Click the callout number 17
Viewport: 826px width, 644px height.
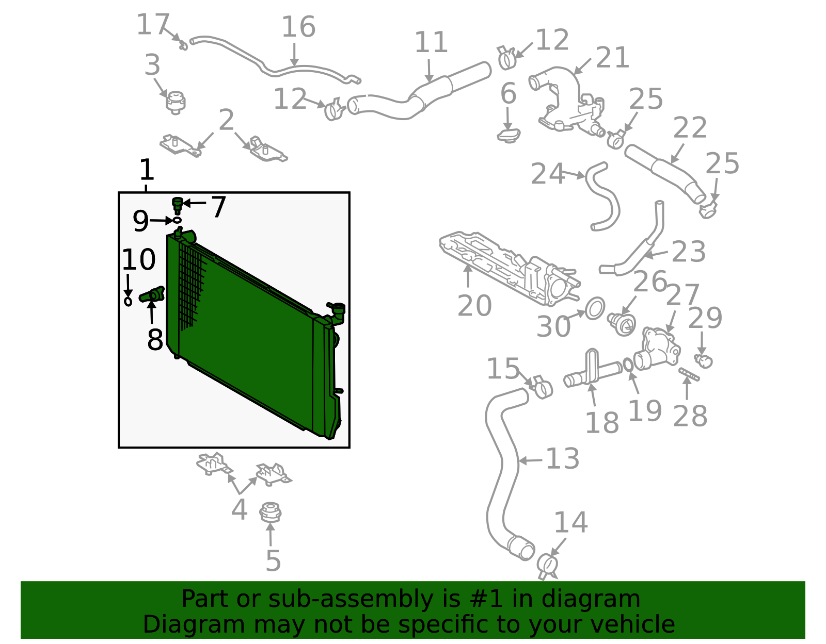pyautogui.click(x=153, y=25)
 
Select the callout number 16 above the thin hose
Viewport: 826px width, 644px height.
pyautogui.click(x=298, y=27)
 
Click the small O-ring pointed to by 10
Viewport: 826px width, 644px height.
pyautogui.click(x=128, y=301)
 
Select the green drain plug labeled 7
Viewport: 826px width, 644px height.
pyautogui.click(x=178, y=205)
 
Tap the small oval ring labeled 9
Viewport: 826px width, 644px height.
pyautogui.click(x=177, y=220)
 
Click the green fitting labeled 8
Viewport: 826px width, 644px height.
pyautogui.click(x=152, y=294)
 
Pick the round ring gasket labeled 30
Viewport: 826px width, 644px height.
pyautogui.click(x=595, y=308)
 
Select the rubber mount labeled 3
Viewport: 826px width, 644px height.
pyautogui.click(x=176, y=103)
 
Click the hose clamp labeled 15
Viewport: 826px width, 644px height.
pyautogui.click(x=541, y=387)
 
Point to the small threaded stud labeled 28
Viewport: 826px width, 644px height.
pyautogui.click(x=689, y=373)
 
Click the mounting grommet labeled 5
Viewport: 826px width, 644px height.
pyautogui.click(x=271, y=513)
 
